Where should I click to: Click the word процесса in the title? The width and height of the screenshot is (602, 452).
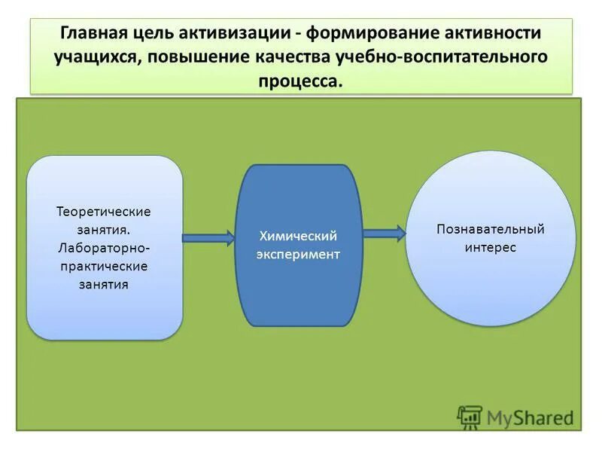[x=300, y=81]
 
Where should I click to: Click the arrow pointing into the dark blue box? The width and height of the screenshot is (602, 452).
[x=209, y=239]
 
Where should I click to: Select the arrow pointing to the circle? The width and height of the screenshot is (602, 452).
[x=385, y=234]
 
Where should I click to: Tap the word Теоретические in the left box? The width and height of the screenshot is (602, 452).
[x=104, y=211]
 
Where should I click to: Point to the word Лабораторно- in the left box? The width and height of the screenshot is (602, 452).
[x=104, y=248]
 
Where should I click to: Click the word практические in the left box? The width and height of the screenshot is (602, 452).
[x=104, y=266]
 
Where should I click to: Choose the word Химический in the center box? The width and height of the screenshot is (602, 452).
[x=298, y=237]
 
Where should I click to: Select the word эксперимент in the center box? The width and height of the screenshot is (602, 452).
[x=298, y=255]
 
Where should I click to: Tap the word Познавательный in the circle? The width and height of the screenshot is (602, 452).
[x=490, y=229]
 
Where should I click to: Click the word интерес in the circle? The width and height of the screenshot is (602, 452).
[x=490, y=248]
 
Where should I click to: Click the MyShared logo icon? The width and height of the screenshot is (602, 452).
[x=470, y=417]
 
